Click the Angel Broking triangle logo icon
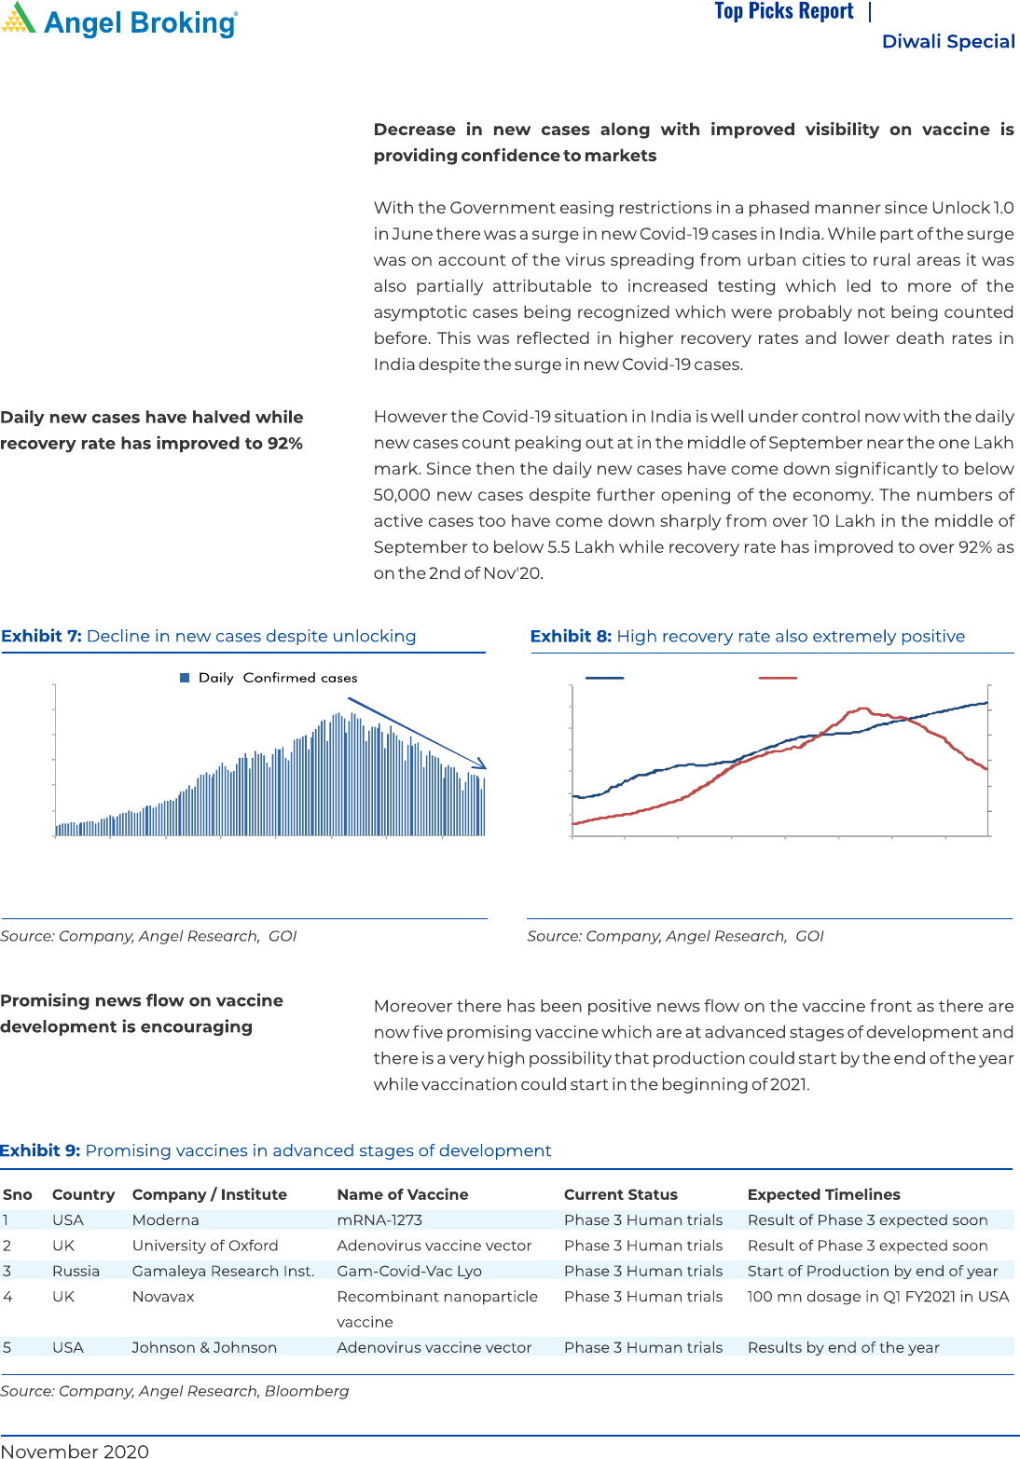(x=19, y=19)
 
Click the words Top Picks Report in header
(x=784, y=11)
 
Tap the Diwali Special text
(x=948, y=41)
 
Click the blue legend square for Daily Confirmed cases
(x=185, y=678)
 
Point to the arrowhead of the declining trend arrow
(x=481, y=765)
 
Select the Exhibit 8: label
(x=571, y=636)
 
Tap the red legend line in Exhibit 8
(x=778, y=678)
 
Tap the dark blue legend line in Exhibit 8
(x=604, y=678)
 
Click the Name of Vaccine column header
(x=403, y=1194)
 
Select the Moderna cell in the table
(x=165, y=1219)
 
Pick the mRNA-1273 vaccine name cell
(x=379, y=1219)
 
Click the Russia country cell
(x=76, y=1271)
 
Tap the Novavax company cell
(x=163, y=1296)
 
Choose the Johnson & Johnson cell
(x=204, y=1347)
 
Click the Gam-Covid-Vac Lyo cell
(x=409, y=1271)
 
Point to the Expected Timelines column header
(x=823, y=1194)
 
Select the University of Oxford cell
(x=205, y=1246)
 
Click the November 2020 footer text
(x=75, y=1451)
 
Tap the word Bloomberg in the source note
(x=307, y=1391)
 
